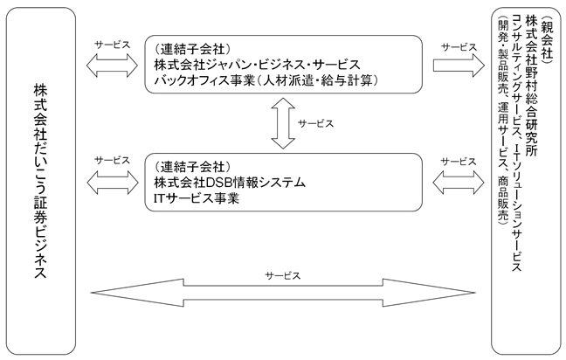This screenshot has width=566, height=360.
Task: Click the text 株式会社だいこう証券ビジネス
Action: pyautogui.click(x=40, y=181)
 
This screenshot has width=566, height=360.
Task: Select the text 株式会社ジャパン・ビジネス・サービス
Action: pyautogui.click(x=258, y=65)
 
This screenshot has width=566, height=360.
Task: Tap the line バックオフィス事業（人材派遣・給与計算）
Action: pyautogui.click(x=266, y=80)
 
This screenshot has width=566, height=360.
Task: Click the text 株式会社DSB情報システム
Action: pyautogui.click(x=230, y=183)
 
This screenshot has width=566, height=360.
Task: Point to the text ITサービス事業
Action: pyautogui.click(x=197, y=198)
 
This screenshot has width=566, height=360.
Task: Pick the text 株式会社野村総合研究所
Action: pyautogui.click(x=532, y=86)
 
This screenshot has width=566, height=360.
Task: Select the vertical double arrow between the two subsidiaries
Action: pyautogui.click(x=283, y=123)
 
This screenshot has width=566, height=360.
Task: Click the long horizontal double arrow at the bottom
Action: pyautogui.click(x=283, y=293)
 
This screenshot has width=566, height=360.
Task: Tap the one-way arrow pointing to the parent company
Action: pyautogui.click(x=459, y=65)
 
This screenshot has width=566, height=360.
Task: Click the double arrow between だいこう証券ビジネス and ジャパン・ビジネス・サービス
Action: pyautogui.click(x=113, y=66)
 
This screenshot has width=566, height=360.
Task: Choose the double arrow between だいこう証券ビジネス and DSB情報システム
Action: pyautogui.click(x=113, y=183)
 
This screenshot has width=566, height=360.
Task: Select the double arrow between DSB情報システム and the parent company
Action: pyautogui.click(x=459, y=183)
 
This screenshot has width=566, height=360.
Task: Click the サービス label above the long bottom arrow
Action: pyautogui.click(x=283, y=276)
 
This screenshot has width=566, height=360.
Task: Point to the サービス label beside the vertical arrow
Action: pyautogui.click(x=316, y=123)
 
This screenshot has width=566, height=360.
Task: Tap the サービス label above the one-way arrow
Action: pyautogui.click(x=459, y=47)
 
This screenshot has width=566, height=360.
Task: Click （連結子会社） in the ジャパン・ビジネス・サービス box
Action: pyautogui.click(x=192, y=49)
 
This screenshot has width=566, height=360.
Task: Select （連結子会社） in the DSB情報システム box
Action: pyautogui.click(x=192, y=167)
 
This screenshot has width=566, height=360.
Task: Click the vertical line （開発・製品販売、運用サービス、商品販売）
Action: pyautogui.click(x=502, y=121)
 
